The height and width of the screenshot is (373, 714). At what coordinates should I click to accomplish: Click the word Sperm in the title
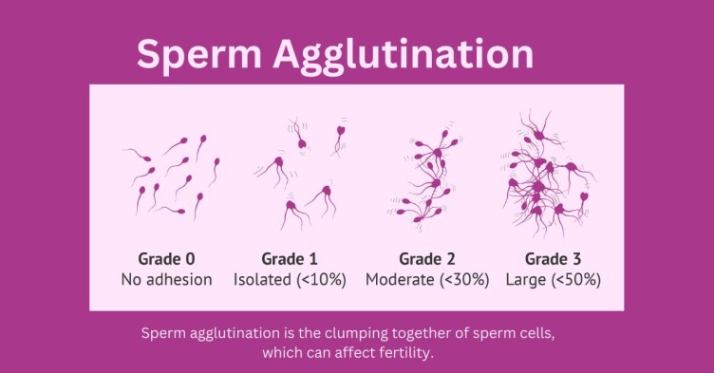[199, 55]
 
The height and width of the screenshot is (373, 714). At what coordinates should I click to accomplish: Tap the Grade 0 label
[166, 259]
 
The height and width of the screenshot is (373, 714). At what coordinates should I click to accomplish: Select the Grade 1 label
[290, 259]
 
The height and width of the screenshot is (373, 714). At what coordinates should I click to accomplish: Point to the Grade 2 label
[426, 259]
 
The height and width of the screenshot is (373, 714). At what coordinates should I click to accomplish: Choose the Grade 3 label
[553, 259]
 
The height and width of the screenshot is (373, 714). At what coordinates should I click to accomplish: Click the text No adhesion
[167, 279]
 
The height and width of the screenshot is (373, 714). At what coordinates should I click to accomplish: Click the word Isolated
[262, 279]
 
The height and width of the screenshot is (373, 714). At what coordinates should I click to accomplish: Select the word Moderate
[400, 279]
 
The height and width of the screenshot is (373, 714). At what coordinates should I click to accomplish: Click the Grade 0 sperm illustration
[171, 177]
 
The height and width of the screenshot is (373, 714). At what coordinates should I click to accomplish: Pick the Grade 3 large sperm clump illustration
[549, 175]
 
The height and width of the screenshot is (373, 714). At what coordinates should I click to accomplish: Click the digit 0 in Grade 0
[190, 259]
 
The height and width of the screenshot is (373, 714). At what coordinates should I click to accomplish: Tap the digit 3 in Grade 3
[576, 259]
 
